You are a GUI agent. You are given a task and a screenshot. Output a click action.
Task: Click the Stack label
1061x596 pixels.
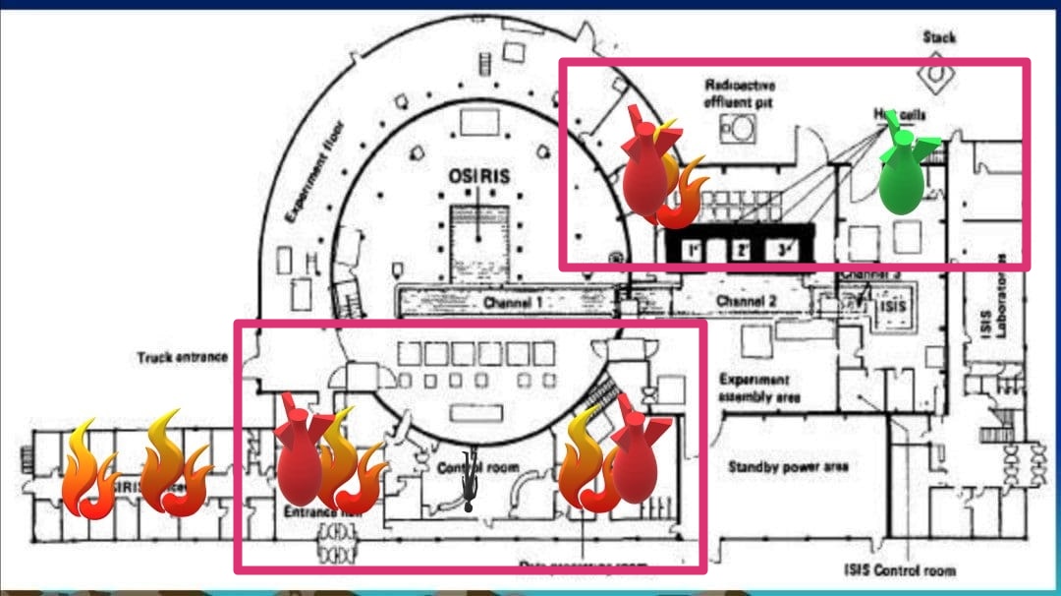[x=939, y=37]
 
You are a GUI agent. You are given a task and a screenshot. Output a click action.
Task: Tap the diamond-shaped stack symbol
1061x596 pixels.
[x=939, y=73]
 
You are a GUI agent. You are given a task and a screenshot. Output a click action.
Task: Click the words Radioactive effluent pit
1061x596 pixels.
[x=740, y=93]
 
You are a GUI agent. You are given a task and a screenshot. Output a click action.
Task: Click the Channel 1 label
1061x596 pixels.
[x=512, y=303]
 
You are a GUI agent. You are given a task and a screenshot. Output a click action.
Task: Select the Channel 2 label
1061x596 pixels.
[x=746, y=300]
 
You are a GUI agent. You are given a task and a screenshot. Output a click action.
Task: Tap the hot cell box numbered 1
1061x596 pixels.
[x=694, y=250]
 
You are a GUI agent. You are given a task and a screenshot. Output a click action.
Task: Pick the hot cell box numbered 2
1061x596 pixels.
[x=740, y=250]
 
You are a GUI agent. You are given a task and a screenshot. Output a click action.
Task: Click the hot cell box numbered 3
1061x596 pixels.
[x=784, y=250]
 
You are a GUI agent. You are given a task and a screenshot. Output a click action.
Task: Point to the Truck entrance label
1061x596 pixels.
[x=182, y=357]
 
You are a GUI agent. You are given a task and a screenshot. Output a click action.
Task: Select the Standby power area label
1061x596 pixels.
[x=788, y=466]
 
